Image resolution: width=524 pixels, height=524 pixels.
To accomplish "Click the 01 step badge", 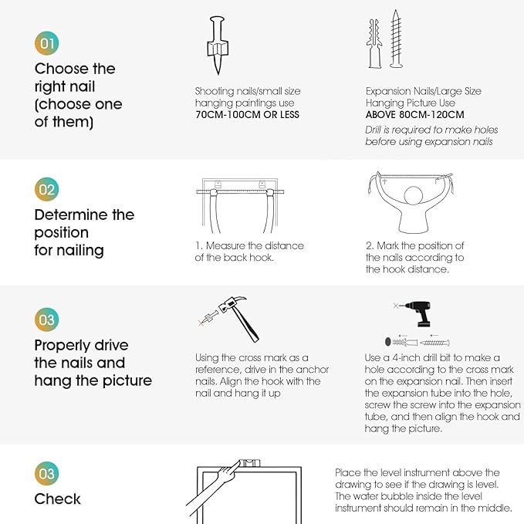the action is pyautogui.click(x=47, y=43).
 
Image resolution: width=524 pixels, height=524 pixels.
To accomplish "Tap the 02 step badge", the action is pyautogui.click(x=47, y=189).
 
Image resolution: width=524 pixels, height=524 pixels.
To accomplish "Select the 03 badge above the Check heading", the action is pyautogui.click(x=47, y=473).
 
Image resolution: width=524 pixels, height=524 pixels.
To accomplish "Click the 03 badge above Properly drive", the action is pyautogui.click(x=47, y=319).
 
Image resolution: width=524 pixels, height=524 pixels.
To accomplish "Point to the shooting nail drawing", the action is pyautogui.click(x=218, y=45).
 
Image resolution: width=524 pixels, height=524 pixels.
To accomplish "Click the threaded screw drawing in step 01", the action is pyautogui.click(x=396, y=39).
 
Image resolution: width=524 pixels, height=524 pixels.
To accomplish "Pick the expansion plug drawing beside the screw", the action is pyautogui.click(x=374, y=43).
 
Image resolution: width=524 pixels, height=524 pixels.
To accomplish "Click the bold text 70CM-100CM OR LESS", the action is pyautogui.click(x=247, y=115).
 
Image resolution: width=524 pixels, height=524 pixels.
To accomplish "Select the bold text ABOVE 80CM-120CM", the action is pyautogui.click(x=414, y=115).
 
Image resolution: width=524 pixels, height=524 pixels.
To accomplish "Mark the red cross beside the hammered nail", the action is pyautogui.click(x=201, y=323).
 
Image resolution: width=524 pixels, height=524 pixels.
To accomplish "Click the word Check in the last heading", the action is pyautogui.click(x=57, y=499).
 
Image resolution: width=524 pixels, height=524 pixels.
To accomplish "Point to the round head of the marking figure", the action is pyautogui.click(x=414, y=195).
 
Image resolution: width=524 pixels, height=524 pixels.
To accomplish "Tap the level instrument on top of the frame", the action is pyautogui.click(x=248, y=463).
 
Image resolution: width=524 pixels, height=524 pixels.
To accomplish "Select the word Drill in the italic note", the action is pyautogui.click(x=373, y=130).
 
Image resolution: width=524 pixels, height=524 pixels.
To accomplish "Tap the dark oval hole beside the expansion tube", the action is pyautogui.click(x=388, y=342).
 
